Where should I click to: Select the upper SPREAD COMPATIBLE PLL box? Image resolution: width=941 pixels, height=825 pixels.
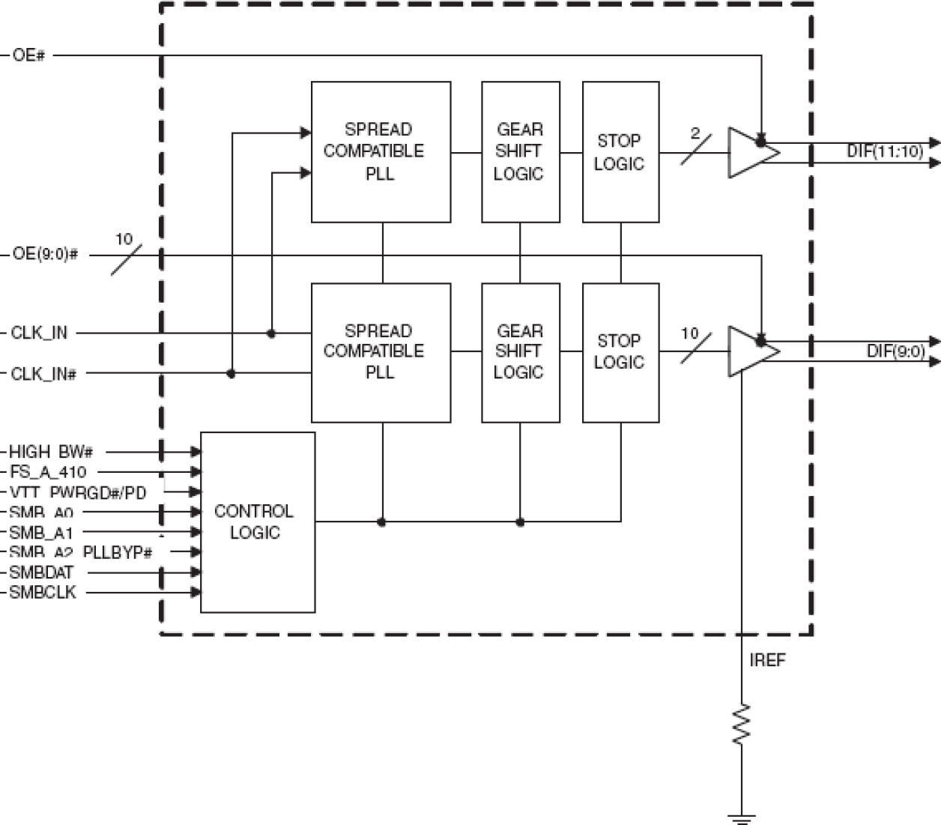pos(381,151)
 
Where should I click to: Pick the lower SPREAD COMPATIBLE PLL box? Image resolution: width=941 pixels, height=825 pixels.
pos(381,352)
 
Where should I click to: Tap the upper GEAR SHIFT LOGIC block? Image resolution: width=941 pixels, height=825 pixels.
pos(520,151)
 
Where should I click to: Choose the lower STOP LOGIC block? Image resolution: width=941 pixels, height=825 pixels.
pos(620,352)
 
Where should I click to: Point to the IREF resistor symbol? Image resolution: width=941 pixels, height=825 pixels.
pos(742,724)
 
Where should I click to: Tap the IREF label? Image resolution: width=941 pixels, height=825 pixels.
pos(768,661)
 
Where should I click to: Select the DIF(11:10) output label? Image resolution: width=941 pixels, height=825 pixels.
pos(885,151)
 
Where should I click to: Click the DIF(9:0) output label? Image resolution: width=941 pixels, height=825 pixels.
pos(895,351)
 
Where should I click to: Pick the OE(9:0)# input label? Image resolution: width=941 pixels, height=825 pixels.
pos(45,255)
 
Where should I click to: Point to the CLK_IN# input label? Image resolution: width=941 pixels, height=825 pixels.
pos(43,373)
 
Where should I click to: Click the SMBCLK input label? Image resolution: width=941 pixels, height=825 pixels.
pos(43,593)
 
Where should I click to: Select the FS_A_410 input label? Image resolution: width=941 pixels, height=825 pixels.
pos(47,472)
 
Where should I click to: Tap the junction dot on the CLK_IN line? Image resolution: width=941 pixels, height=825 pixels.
pos(271,333)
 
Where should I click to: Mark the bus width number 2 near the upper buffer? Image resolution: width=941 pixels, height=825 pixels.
pos(695,134)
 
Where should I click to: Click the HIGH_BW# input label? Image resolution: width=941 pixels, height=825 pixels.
pos(50,452)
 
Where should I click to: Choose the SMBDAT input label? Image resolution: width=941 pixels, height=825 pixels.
pos(42,572)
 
